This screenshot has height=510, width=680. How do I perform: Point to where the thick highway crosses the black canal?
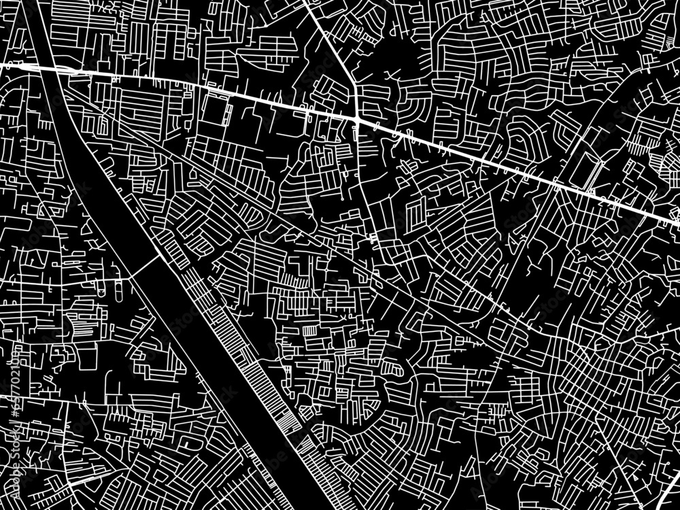coord(48,70)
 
